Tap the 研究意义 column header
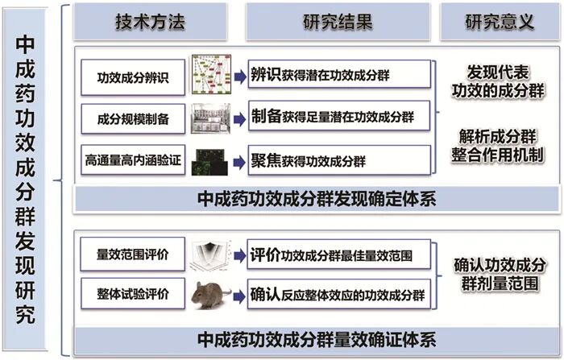[499, 22]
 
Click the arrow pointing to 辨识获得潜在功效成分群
[238, 77]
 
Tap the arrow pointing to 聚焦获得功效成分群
[238, 158]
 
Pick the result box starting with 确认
[338, 294]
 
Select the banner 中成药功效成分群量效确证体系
[316, 337]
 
